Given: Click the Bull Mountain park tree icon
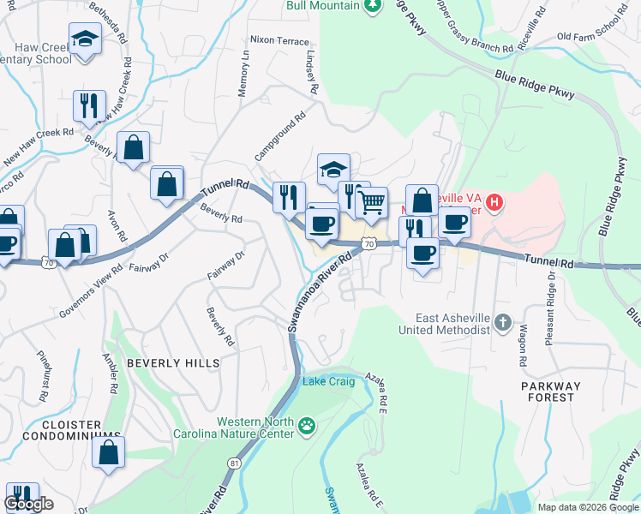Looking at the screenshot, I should pos(372,6).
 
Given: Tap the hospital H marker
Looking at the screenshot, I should pos(494,203).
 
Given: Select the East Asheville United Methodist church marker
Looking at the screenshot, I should pos(503,324).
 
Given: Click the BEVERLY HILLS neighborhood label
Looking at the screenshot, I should pos(173,363).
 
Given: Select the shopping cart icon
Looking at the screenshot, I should pos(372,203).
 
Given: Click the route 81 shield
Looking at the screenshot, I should pos(234,463).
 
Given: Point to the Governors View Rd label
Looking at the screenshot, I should pos(80,296).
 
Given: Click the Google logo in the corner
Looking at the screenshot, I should pos(28,504).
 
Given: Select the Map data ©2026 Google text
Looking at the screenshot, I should pos(587,507).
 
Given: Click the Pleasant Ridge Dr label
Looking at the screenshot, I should pos(548,309).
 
